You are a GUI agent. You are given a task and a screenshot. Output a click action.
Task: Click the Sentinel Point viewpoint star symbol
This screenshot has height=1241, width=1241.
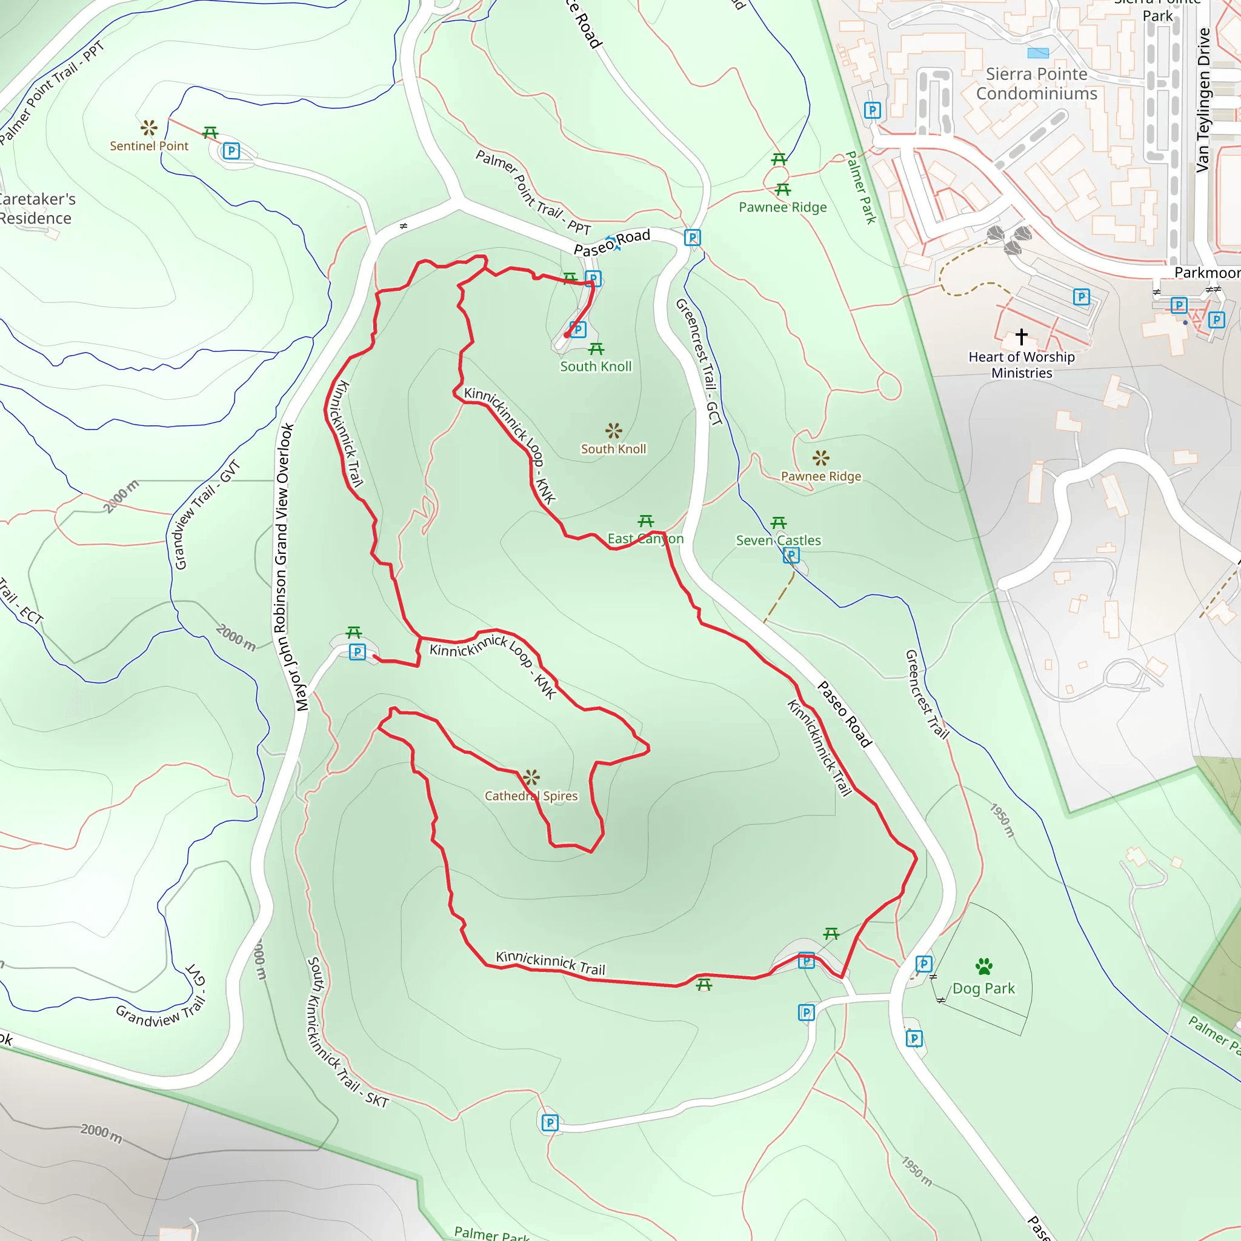149,127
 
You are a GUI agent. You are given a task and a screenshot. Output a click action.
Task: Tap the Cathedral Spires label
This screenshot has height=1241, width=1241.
531,796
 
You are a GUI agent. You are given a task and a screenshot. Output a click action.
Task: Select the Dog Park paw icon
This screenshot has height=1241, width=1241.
983,966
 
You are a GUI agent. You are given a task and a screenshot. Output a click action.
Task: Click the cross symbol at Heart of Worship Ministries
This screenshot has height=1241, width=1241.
1021,336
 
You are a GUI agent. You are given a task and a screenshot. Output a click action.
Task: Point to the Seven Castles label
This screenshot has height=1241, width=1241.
778,540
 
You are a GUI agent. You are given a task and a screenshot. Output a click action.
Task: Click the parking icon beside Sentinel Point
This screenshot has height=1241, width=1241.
231,151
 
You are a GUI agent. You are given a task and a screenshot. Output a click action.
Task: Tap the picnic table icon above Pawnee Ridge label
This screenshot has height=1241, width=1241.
782,190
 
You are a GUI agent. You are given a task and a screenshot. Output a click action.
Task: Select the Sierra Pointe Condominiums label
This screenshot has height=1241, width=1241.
1036,84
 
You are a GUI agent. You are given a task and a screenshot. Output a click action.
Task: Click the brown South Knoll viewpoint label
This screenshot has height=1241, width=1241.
613,449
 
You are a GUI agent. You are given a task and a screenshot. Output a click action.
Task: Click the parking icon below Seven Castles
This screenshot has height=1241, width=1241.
791,555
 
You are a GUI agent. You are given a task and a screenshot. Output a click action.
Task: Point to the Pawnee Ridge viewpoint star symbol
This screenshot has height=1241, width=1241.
820,458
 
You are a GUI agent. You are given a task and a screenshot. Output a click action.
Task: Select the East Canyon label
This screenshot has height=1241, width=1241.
645,539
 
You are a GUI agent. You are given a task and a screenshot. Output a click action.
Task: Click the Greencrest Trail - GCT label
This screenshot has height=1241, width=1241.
699,362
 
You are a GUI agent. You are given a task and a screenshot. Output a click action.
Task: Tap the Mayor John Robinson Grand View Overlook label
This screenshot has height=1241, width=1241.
286,567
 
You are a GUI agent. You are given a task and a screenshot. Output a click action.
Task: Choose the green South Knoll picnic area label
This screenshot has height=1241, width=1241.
596,366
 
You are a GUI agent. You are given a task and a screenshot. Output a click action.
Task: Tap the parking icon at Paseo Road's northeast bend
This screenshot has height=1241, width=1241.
692,238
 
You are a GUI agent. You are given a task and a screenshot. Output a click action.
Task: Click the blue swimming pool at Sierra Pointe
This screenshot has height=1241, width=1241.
1038,53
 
